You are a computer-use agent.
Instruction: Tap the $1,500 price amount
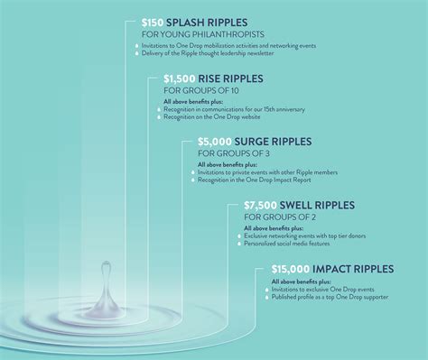(x=178, y=79)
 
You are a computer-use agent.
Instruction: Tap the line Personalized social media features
(x=298, y=244)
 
